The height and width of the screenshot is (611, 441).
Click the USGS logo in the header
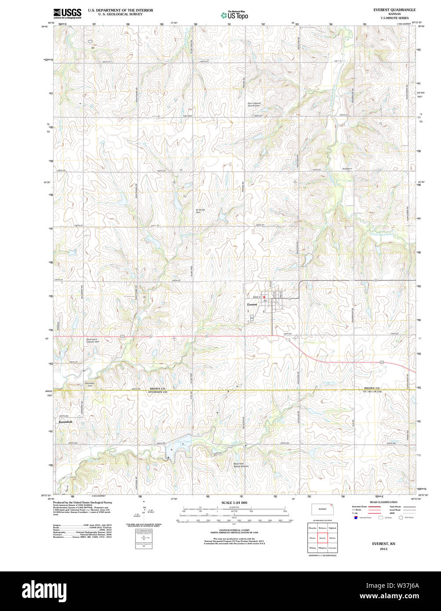click(67, 13)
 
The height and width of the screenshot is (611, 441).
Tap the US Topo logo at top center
click(234, 15)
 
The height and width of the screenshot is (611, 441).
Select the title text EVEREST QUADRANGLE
click(394, 10)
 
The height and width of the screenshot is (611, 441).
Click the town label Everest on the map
click(252, 304)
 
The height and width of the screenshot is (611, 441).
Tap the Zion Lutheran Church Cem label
click(254, 105)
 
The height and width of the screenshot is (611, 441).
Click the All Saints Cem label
click(200, 211)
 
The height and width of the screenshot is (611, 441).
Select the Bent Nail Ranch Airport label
click(241, 465)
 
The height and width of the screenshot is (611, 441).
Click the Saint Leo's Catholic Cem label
click(92, 341)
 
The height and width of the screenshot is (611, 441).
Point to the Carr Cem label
click(188, 116)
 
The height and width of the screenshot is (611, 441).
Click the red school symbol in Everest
click(264, 298)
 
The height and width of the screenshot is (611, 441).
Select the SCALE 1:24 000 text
click(234, 502)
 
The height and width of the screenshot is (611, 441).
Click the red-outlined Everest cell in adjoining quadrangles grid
click(323, 538)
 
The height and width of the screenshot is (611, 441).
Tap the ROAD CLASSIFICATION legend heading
click(383, 502)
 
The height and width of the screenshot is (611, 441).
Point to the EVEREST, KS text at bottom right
click(383, 544)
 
